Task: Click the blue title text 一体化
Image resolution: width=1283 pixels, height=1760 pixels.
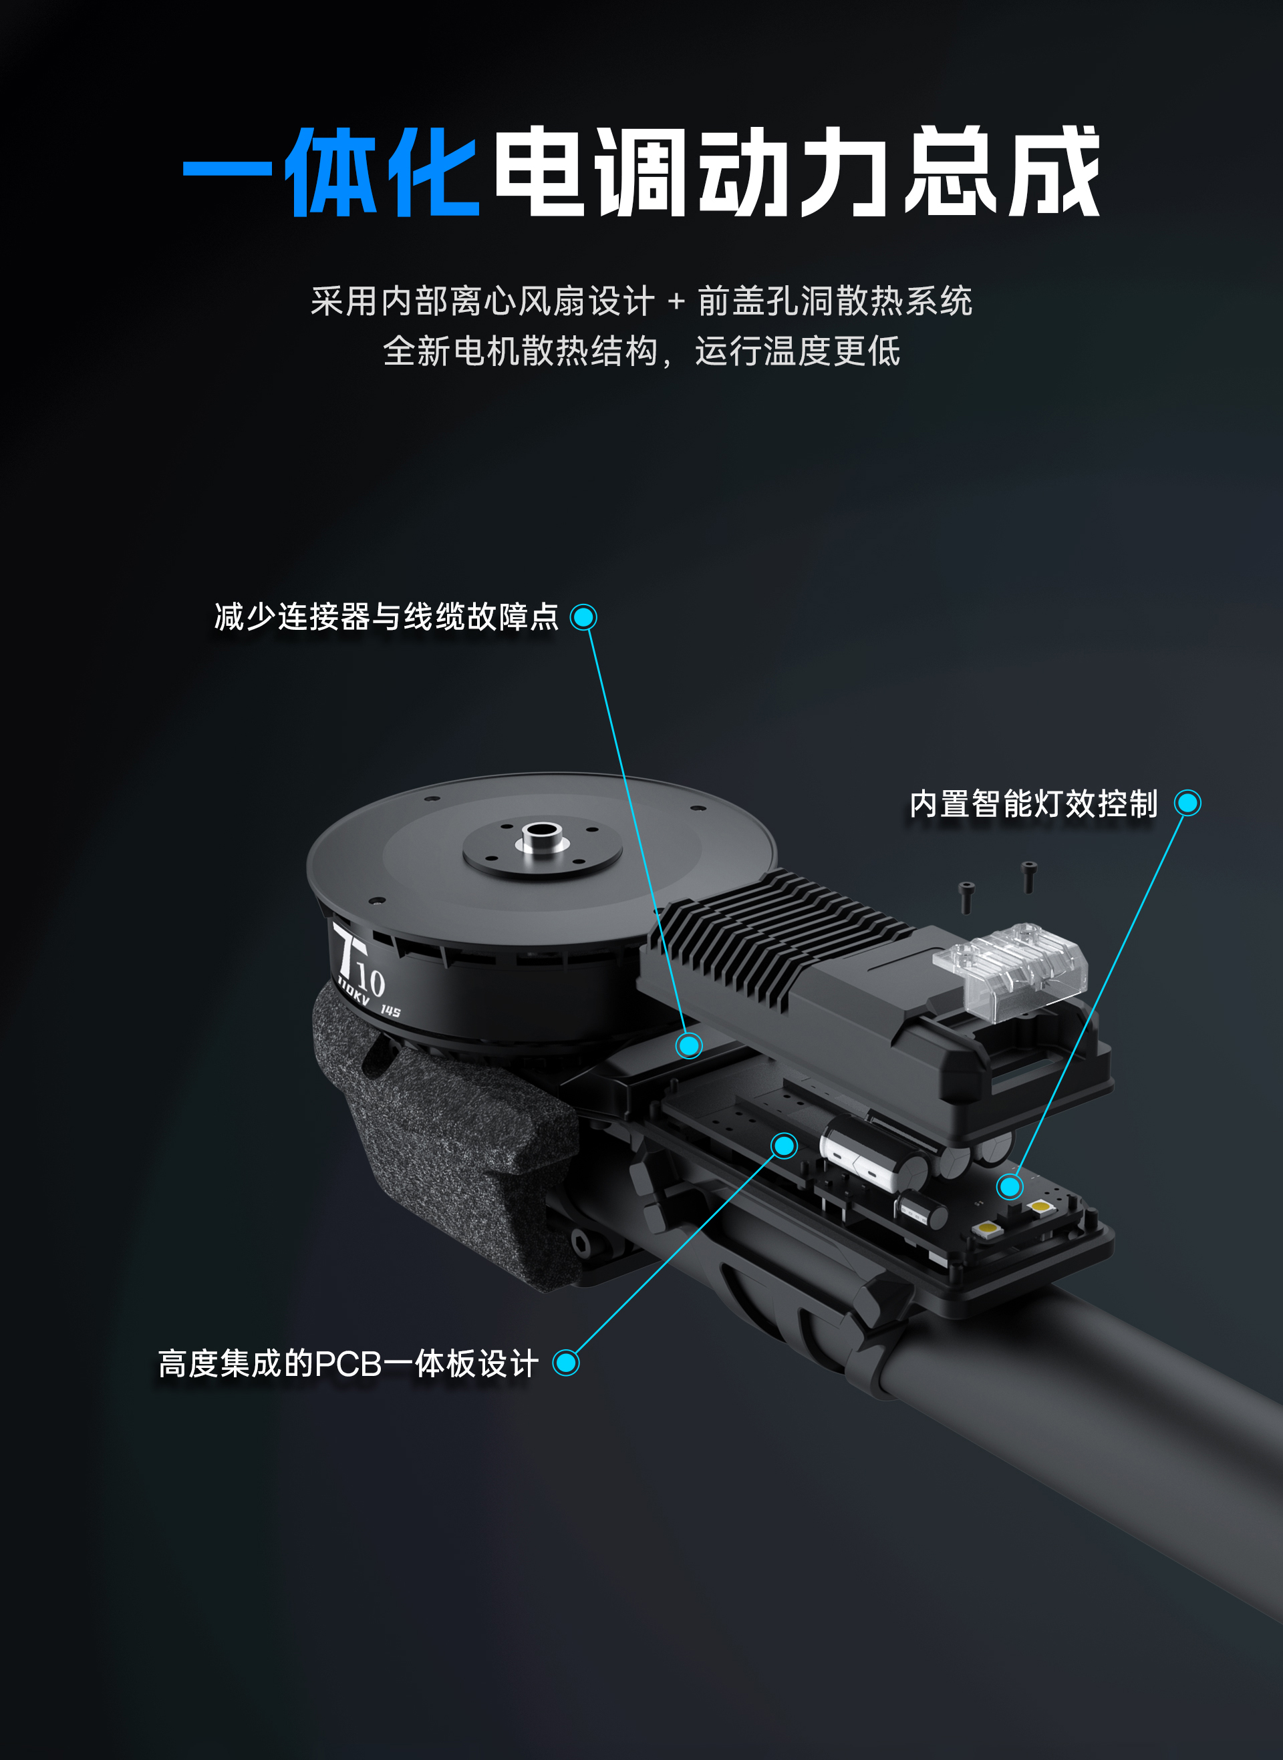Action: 331,171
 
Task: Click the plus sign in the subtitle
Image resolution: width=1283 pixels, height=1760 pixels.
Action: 676,301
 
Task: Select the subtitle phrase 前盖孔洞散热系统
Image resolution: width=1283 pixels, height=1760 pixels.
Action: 835,301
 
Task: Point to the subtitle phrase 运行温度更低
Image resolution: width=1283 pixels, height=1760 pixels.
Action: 798,351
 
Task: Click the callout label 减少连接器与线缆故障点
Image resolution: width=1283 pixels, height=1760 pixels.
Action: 386,617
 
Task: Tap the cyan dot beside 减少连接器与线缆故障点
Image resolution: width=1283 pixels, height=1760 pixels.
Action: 583,617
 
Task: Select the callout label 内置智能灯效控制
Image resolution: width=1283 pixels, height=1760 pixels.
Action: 1033,804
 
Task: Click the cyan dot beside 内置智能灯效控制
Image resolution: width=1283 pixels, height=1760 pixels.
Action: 1187,803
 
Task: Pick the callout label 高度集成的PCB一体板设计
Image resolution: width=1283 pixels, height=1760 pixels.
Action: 348,1363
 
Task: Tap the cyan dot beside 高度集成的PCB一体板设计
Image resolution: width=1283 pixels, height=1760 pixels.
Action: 566,1363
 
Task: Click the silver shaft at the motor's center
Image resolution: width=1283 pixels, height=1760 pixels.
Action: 541,838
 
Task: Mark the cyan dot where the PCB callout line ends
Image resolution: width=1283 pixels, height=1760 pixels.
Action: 785,1145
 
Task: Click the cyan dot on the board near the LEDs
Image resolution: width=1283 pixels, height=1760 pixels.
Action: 1010,1186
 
